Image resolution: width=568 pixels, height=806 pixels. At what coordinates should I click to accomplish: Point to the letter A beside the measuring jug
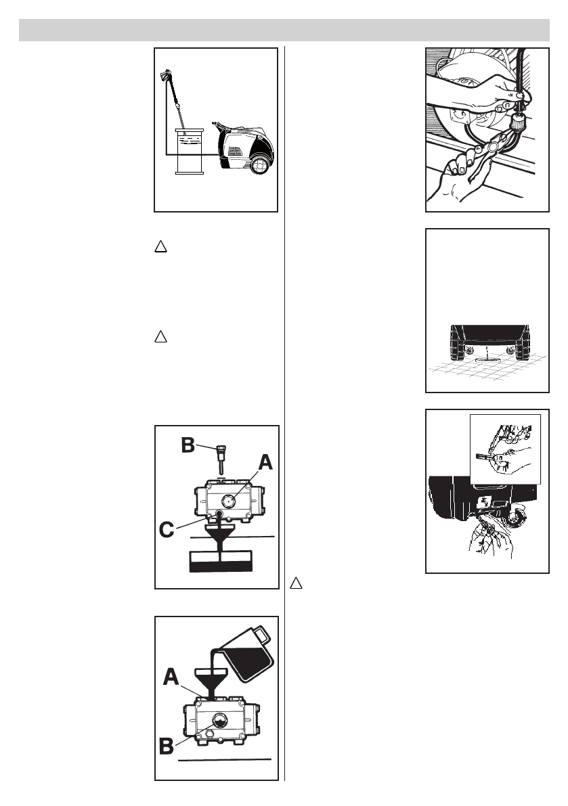[172, 677]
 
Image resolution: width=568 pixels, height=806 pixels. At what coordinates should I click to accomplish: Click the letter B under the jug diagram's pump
[165, 748]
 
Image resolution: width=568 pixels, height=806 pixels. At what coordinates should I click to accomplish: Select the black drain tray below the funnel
[221, 560]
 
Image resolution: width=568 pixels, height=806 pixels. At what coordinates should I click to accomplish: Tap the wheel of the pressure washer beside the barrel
[261, 164]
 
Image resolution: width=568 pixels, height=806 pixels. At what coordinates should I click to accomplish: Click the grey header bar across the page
[284, 30]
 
